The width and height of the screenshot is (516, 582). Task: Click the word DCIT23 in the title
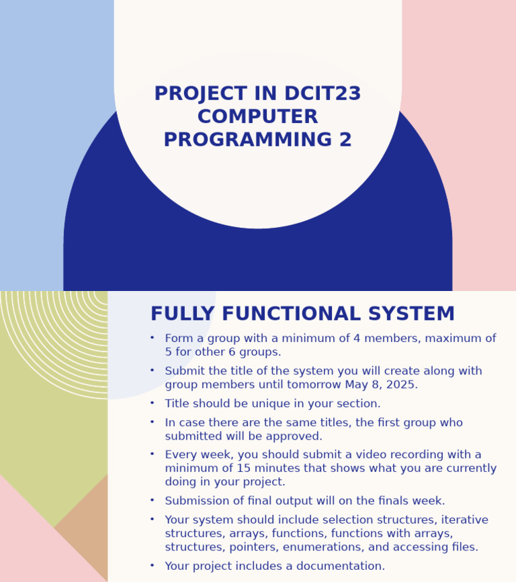point(322,94)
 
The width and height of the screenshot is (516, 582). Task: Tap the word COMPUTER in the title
point(257,117)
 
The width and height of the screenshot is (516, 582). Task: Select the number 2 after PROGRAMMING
point(345,140)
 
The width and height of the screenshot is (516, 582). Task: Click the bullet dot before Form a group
point(153,337)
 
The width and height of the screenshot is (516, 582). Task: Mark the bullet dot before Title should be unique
point(153,403)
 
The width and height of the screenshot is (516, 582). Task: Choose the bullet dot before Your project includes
point(153,565)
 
